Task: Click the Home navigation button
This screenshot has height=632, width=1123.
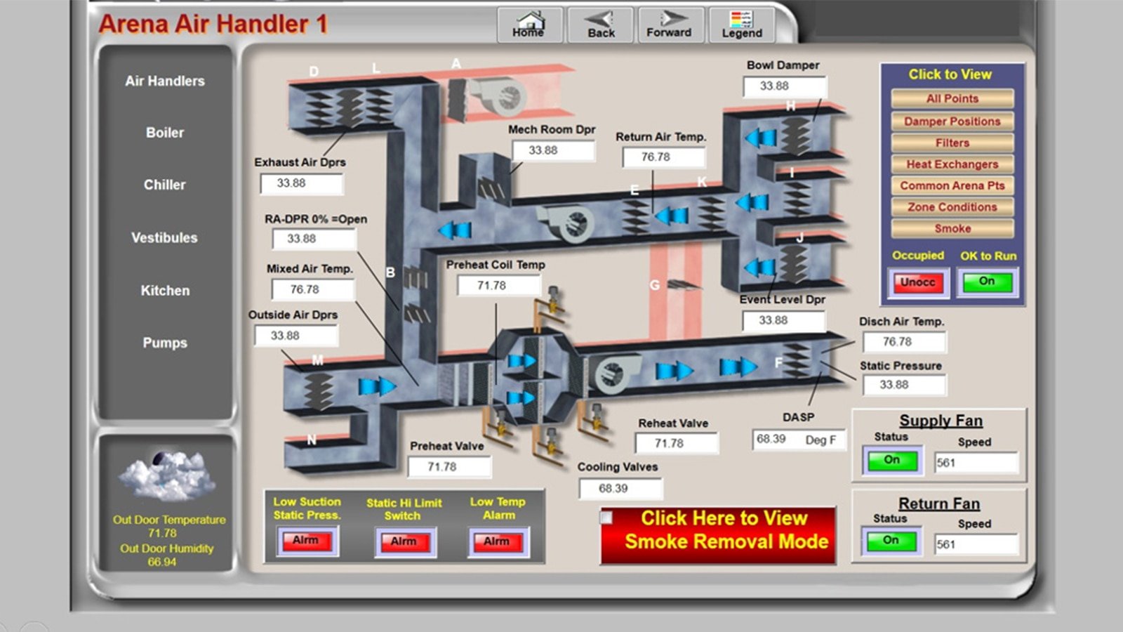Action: (x=529, y=25)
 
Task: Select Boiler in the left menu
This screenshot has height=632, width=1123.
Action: (x=165, y=133)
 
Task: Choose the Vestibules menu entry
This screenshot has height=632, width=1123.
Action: (x=164, y=238)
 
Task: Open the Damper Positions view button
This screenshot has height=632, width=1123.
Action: (x=952, y=121)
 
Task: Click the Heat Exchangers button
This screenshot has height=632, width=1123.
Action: (x=952, y=164)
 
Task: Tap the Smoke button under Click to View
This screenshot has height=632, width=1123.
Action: (x=952, y=229)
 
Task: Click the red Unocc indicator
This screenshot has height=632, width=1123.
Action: (x=917, y=282)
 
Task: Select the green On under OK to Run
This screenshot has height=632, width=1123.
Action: (x=987, y=282)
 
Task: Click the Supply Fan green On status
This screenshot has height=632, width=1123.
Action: (x=891, y=461)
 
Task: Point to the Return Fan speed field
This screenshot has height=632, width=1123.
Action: (x=976, y=544)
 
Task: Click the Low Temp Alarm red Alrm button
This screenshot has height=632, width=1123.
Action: (x=496, y=541)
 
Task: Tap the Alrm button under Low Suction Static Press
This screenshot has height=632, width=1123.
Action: (x=306, y=541)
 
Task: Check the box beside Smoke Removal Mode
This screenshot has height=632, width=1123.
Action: (x=606, y=518)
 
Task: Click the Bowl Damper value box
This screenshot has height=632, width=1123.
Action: (x=784, y=86)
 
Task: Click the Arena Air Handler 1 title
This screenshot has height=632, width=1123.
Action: (x=213, y=24)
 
